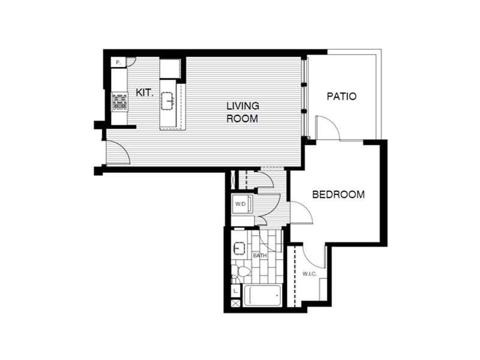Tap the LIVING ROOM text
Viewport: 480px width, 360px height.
click(242, 112)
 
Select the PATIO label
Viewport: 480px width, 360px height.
click(341, 96)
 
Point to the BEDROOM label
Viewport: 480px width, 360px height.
click(339, 194)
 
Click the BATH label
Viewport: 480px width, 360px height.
click(259, 256)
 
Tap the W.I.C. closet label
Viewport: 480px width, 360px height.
click(310, 274)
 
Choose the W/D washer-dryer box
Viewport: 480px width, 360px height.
click(241, 205)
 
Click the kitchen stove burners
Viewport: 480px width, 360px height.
click(119, 101)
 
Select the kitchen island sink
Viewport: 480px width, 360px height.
click(167, 100)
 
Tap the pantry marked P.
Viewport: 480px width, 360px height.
click(118, 62)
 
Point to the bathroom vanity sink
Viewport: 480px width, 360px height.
click(240, 247)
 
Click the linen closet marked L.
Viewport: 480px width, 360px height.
click(236, 290)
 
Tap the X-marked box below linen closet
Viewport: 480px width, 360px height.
click(236, 304)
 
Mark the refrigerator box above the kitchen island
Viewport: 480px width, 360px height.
click(170, 68)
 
